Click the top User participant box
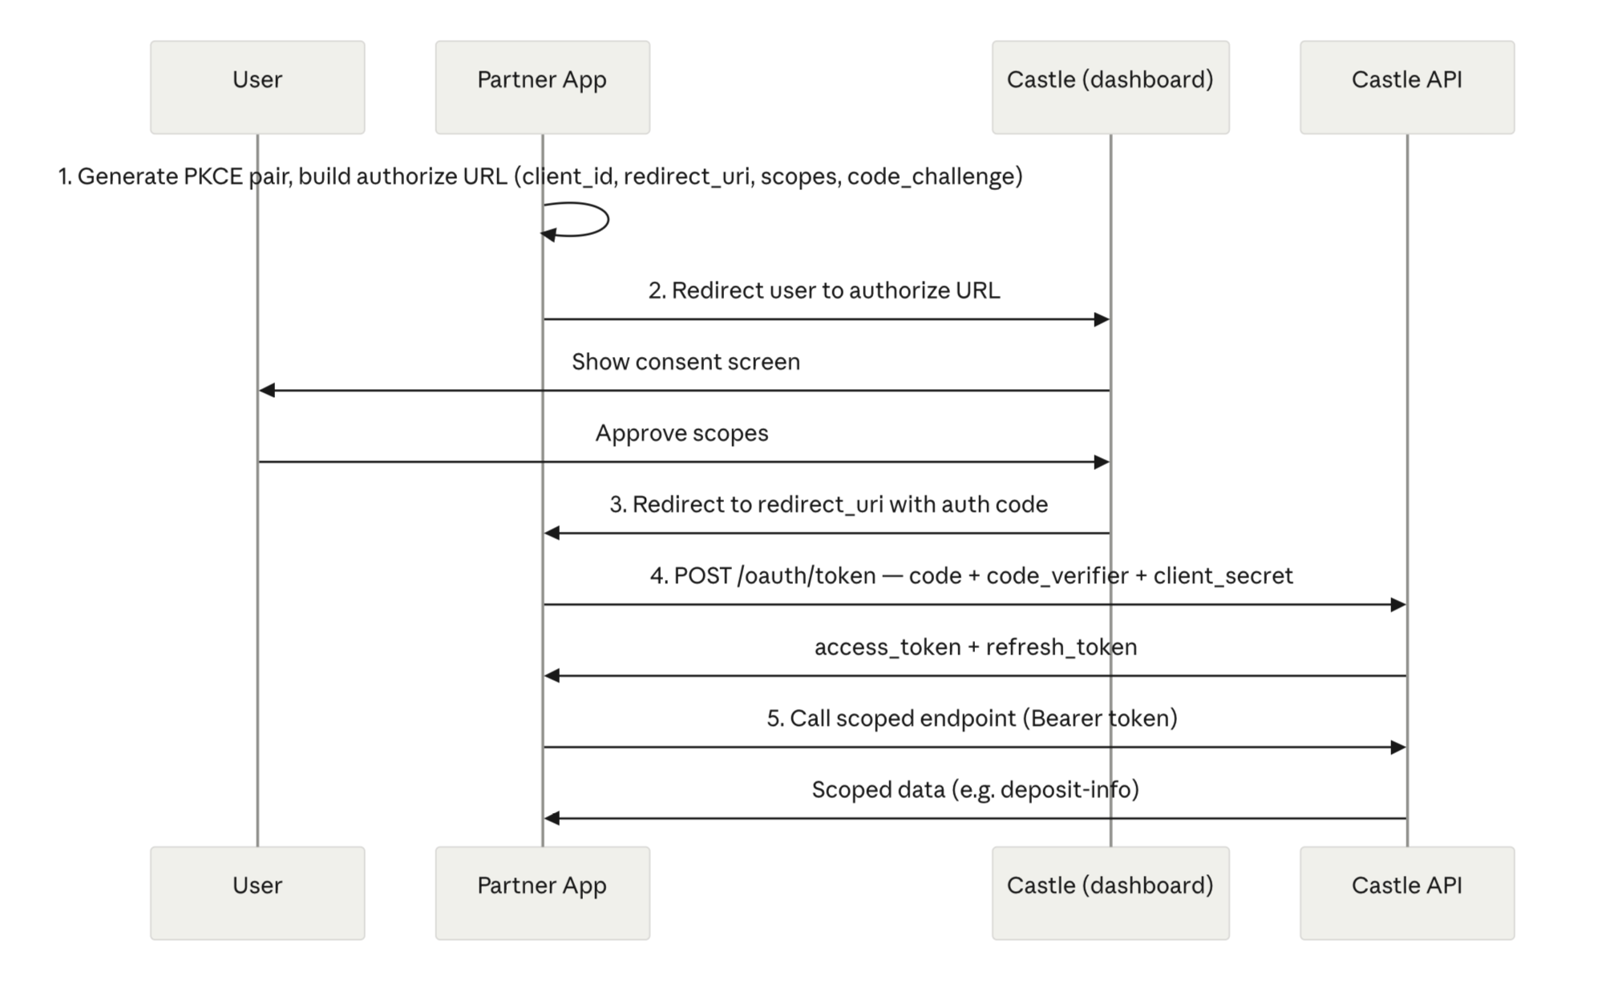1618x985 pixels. coord(257,87)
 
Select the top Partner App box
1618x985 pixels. coord(543,87)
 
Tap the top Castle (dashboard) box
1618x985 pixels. coord(1110,87)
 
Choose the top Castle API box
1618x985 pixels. coord(1407,87)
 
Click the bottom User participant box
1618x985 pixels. coord(257,893)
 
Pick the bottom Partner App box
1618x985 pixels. coord(543,893)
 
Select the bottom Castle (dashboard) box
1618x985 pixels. coord(1110,893)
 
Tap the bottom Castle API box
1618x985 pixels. coord(1407,893)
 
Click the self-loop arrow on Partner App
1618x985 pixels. coord(608,219)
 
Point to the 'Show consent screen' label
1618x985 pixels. coord(686,362)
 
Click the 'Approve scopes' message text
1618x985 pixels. coord(682,433)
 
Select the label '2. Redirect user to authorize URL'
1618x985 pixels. coord(824,290)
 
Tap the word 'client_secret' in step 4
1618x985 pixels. coord(1224,576)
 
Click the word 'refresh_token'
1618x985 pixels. coord(1062,647)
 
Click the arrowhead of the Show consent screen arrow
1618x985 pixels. coord(267,391)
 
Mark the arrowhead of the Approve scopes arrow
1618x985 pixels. coord(1102,462)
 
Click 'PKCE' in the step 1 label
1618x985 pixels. coord(213,176)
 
